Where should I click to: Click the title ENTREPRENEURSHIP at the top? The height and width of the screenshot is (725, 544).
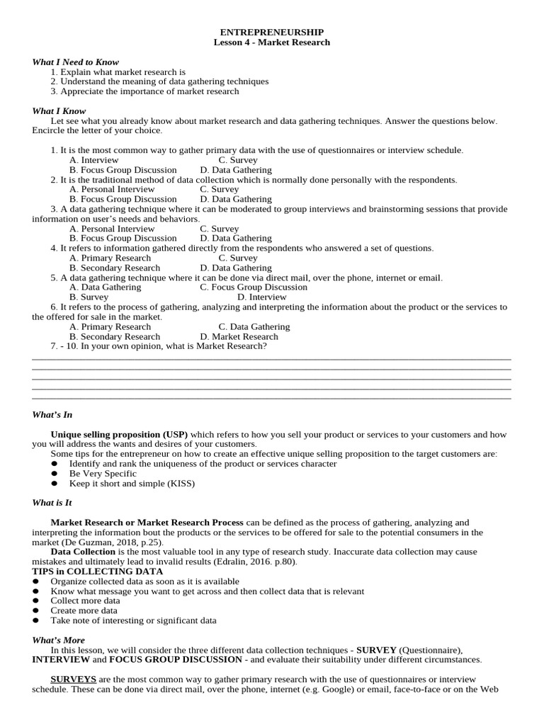click(272, 32)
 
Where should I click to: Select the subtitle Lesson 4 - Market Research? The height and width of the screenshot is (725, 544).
click(272, 42)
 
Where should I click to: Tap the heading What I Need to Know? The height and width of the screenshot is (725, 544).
click(75, 62)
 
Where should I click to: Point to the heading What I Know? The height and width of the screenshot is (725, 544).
click(59, 111)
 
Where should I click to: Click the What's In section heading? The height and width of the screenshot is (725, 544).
click(52, 415)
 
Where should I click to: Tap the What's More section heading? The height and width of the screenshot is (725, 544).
click(58, 640)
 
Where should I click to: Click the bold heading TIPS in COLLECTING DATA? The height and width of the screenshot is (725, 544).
click(97, 571)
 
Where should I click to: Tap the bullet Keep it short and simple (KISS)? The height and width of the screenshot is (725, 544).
click(132, 484)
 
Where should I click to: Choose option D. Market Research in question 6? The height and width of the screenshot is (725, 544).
click(239, 337)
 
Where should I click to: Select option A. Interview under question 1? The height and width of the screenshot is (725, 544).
click(94, 160)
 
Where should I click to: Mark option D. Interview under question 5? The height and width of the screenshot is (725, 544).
click(261, 297)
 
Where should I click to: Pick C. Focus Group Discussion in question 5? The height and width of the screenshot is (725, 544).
click(254, 287)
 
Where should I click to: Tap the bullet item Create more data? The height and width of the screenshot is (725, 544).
click(84, 610)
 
